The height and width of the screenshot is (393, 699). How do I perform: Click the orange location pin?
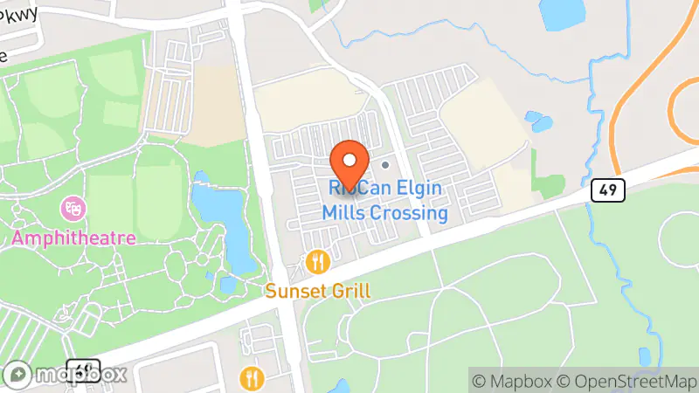[350, 160]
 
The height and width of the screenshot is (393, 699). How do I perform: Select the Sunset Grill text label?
[319, 291]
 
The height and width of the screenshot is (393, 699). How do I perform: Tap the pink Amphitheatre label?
[73, 238]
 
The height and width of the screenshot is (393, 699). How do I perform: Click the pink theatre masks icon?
[73, 210]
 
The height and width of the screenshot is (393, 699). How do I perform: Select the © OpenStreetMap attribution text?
[626, 381]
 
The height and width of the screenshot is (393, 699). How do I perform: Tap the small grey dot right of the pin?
[385, 163]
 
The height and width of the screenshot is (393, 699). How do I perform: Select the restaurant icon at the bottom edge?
[253, 377]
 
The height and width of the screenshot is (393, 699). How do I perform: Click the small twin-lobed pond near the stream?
[540, 121]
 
